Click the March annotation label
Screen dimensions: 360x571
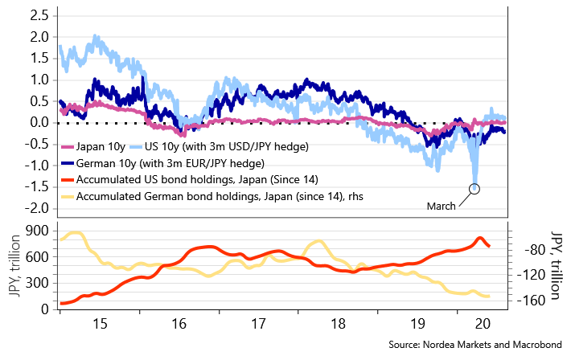(x=441, y=207)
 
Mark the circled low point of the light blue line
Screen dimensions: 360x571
(x=475, y=190)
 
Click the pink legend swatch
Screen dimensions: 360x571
(x=68, y=147)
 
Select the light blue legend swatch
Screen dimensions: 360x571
(x=136, y=147)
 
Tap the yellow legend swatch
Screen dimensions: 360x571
(x=68, y=197)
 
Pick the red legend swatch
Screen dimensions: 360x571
(x=68, y=180)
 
